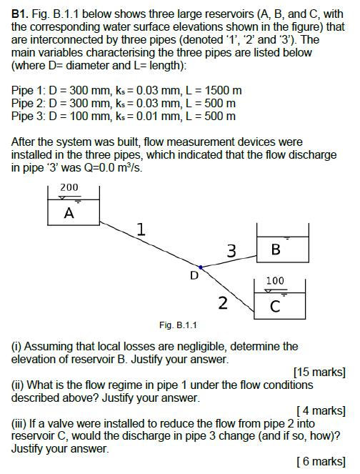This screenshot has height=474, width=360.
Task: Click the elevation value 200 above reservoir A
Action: (x=69, y=187)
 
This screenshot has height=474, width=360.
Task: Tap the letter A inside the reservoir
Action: (x=69, y=212)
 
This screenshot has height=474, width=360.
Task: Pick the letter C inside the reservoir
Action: (x=275, y=307)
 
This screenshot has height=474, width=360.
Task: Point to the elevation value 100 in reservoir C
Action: (x=275, y=281)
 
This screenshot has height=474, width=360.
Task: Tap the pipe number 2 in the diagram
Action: (x=223, y=303)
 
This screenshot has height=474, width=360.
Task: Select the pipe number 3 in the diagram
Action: (x=231, y=250)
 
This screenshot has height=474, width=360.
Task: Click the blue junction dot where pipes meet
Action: (x=201, y=267)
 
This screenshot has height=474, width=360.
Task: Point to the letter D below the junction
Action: (x=193, y=275)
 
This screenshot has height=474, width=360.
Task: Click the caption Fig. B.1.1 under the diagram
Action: (x=179, y=325)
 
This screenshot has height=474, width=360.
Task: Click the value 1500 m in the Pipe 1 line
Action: (x=223, y=90)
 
